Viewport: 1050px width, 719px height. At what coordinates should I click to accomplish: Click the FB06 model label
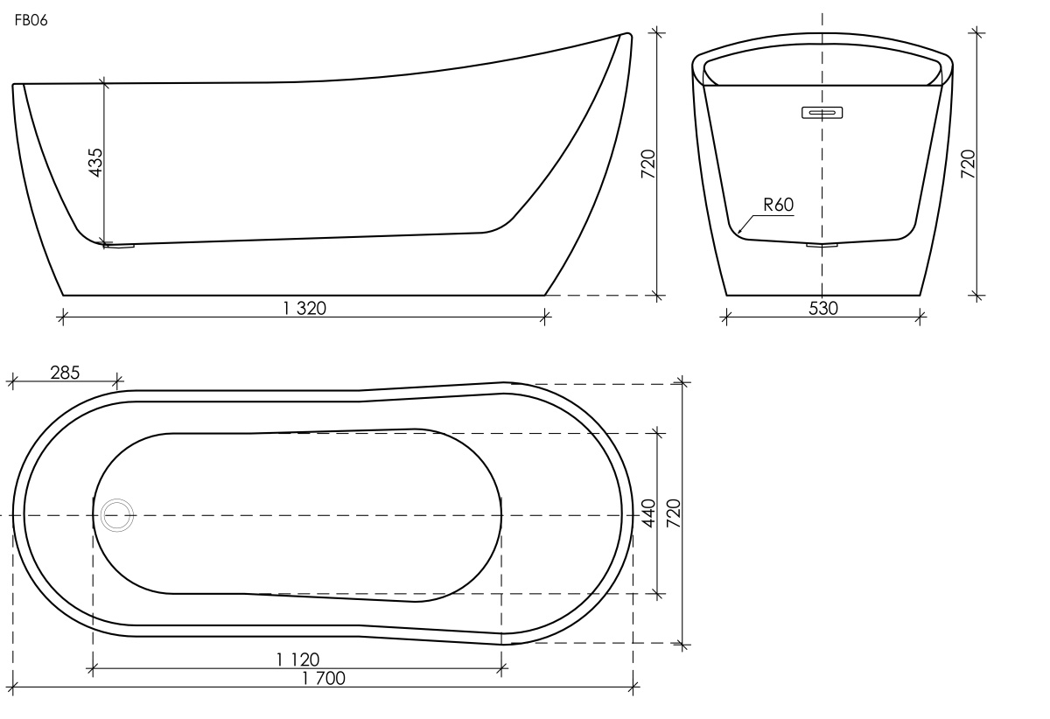(x=31, y=21)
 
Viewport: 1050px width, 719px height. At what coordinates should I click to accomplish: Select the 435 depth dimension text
(x=95, y=163)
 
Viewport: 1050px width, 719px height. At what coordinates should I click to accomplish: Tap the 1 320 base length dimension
(x=304, y=309)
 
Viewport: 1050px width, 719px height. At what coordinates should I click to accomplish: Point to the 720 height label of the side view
(x=647, y=164)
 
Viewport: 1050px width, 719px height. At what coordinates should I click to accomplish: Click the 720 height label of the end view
(x=968, y=164)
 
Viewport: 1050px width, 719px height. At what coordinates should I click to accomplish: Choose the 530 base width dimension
(x=823, y=309)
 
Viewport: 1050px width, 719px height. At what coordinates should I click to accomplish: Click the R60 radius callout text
(x=779, y=205)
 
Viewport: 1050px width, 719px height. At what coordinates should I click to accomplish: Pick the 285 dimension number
(x=65, y=373)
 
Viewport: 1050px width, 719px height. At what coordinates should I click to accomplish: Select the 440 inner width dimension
(x=648, y=513)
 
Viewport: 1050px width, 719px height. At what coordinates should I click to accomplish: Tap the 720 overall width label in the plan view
(x=674, y=513)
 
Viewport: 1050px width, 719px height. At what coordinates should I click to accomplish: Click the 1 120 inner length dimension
(x=298, y=660)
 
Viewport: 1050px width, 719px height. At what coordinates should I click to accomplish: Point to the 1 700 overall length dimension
(x=324, y=679)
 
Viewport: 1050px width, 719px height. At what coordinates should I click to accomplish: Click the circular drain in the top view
(x=117, y=515)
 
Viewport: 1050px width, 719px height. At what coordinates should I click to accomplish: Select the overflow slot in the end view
(x=822, y=113)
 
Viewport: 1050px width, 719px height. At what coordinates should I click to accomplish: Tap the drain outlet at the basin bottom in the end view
(x=822, y=245)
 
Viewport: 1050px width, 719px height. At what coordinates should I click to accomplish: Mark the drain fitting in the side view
(x=119, y=245)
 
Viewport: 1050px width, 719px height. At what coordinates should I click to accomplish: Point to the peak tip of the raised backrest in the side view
(x=627, y=34)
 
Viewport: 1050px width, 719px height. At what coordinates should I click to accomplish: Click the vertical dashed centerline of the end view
(x=822, y=155)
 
